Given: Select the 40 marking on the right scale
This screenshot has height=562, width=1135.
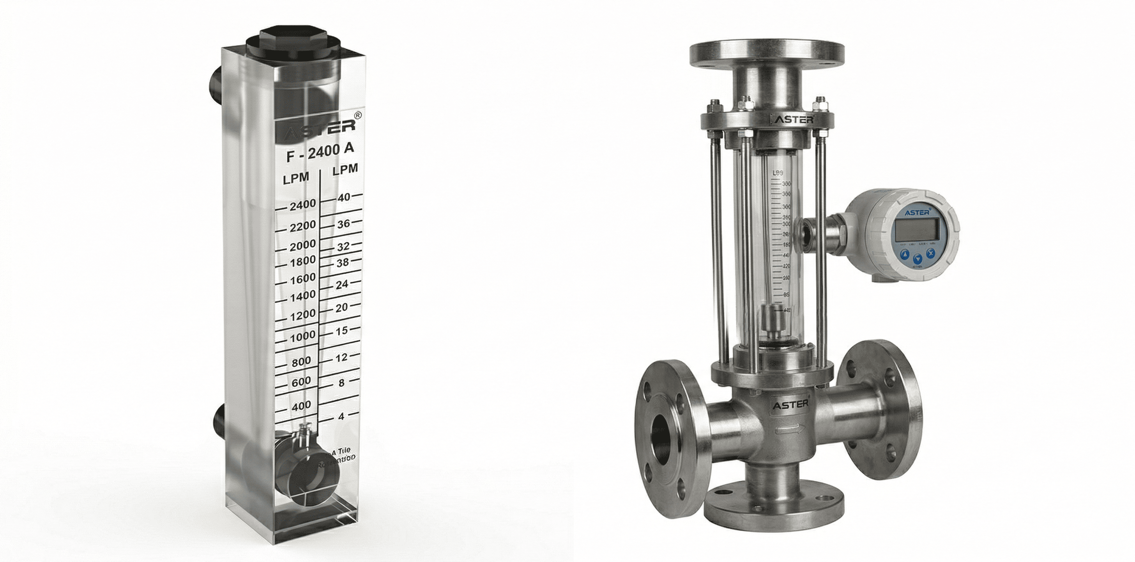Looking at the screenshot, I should point(344,197).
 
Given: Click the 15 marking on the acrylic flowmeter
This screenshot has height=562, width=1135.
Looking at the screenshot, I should point(342,330).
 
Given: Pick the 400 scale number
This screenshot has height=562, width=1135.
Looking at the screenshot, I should point(301,405).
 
